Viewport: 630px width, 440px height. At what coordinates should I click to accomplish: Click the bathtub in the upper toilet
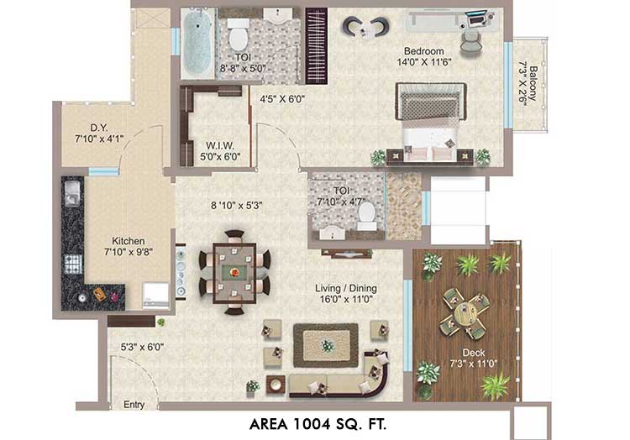click(x=197, y=44)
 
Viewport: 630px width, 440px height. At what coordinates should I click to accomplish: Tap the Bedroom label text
click(x=424, y=51)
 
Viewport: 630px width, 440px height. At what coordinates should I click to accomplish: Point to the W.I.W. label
click(x=220, y=145)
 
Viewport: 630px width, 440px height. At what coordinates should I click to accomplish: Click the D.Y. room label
click(x=99, y=128)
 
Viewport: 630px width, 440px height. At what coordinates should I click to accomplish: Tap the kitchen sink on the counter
click(x=72, y=193)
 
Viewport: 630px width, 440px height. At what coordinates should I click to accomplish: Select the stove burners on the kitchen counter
click(x=73, y=265)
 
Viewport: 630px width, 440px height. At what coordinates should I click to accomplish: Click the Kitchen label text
click(x=129, y=241)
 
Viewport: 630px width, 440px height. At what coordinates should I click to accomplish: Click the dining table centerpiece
click(x=234, y=273)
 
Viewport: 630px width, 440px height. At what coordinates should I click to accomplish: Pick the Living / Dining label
click(x=346, y=288)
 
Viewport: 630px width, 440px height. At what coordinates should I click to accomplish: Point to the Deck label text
click(x=474, y=353)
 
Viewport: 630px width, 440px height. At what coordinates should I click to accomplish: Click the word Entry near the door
click(x=134, y=405)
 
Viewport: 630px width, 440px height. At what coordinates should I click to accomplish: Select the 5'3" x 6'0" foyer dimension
click(x=142, y=347)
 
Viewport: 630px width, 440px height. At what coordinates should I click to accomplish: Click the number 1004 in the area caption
click(x=312, y=424)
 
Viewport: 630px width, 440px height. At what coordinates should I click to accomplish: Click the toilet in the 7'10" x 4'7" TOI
click(x=367, y=216)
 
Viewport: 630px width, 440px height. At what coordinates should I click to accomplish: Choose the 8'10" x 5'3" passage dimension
click(x=237, y=206)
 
